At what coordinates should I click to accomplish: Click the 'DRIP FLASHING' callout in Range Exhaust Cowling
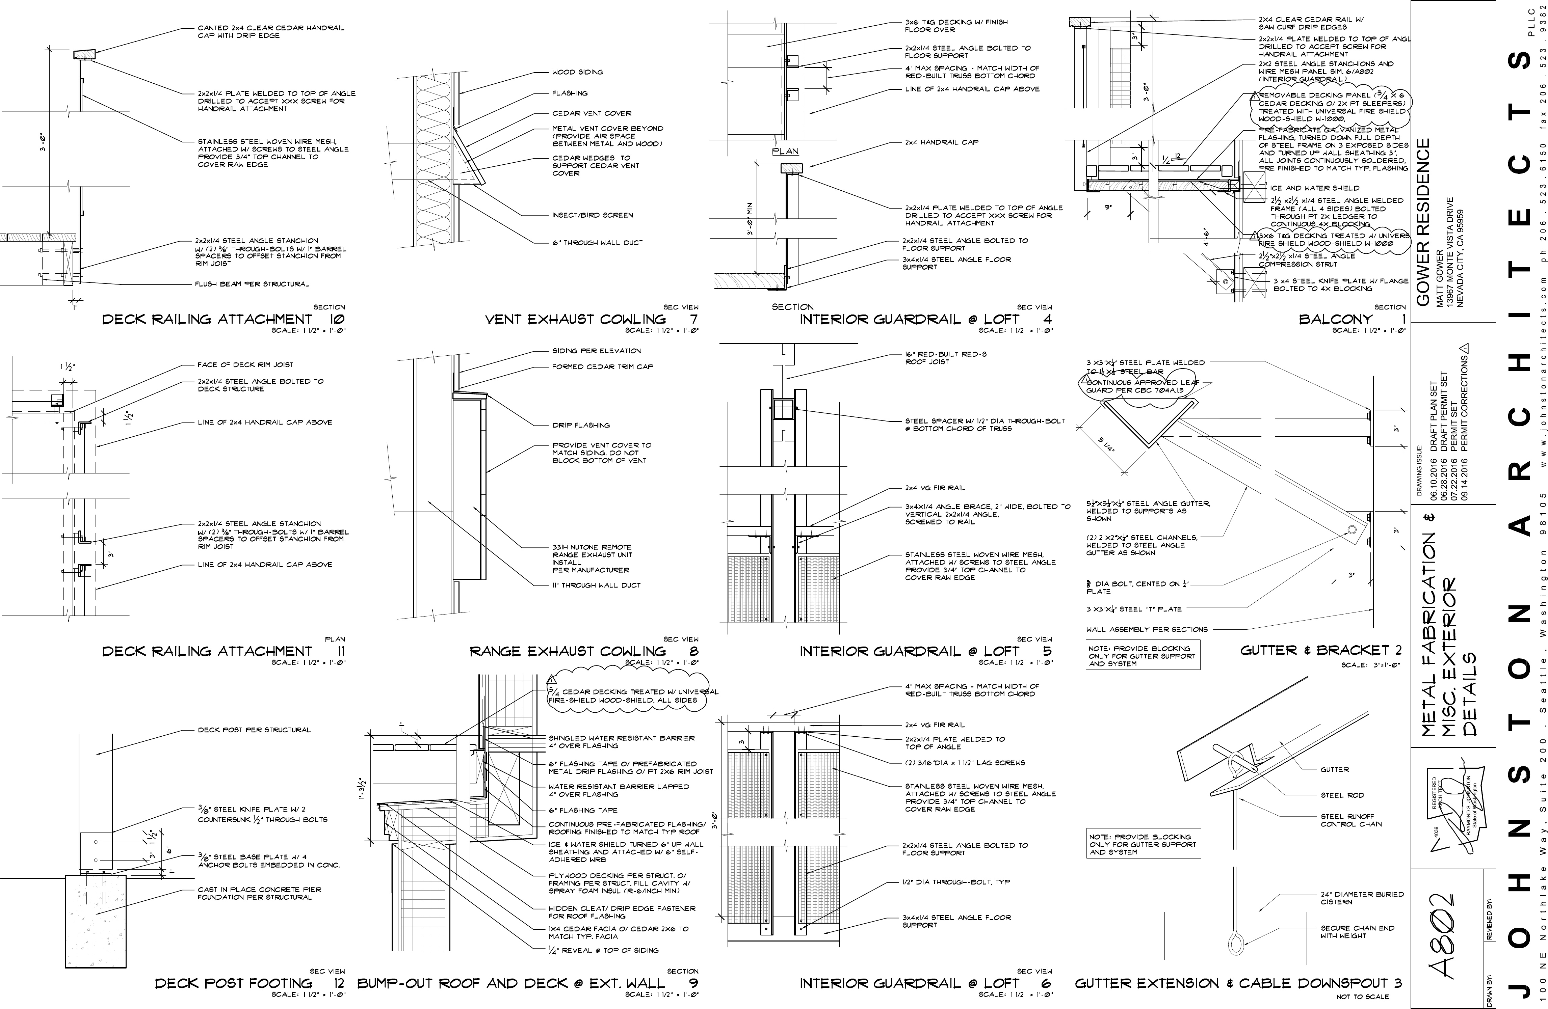[x=581, y=425]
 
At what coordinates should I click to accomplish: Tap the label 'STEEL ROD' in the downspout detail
[x=1342, y=795]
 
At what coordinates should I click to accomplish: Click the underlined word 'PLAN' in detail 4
[x=785, y=152]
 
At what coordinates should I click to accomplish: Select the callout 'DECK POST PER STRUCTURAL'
[x=254, y=730]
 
